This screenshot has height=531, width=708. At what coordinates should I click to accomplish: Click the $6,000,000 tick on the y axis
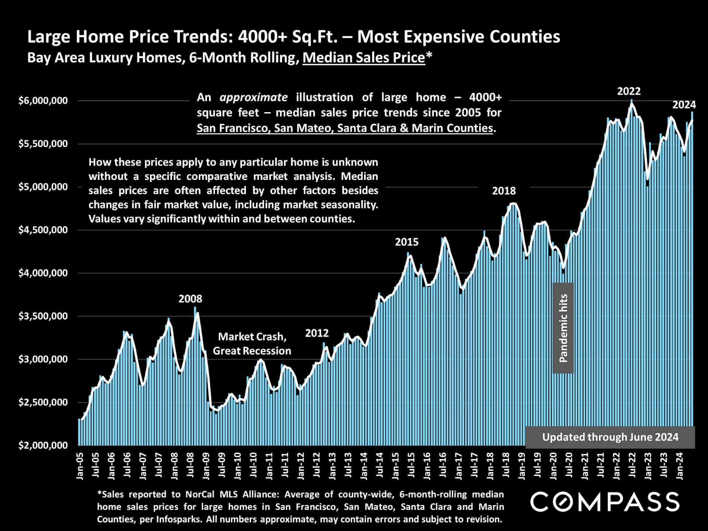(43, 101)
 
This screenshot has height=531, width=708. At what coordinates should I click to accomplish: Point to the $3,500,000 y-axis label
(43, 316)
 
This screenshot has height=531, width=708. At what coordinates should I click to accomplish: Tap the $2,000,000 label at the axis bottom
(43, 445)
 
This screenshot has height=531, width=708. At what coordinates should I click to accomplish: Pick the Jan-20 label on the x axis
(553, 466)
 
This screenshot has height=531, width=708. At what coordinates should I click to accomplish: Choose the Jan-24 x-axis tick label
(680, 466)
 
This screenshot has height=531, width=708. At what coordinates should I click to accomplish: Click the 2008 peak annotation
(190, 299)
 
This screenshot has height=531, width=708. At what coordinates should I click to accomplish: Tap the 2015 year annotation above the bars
(407, 242)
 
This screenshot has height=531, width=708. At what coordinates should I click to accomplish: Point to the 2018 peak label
(504, 191)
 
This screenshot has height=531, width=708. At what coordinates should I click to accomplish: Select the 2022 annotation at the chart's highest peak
(629, 91)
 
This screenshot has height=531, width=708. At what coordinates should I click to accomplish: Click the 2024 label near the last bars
(684, 105)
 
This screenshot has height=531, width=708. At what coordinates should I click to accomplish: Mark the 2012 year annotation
(317, 333)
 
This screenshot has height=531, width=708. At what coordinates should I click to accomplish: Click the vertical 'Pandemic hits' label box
(563, 328)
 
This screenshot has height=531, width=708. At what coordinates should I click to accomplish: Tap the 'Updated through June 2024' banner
(610, 437)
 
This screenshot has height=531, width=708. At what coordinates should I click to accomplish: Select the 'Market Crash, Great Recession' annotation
(252, 344)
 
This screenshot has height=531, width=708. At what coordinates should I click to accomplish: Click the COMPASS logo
(605, 502)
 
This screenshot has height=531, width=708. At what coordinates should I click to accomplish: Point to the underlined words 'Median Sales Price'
(364, 58)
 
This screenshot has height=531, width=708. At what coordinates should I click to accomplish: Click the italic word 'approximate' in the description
(253, 97)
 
